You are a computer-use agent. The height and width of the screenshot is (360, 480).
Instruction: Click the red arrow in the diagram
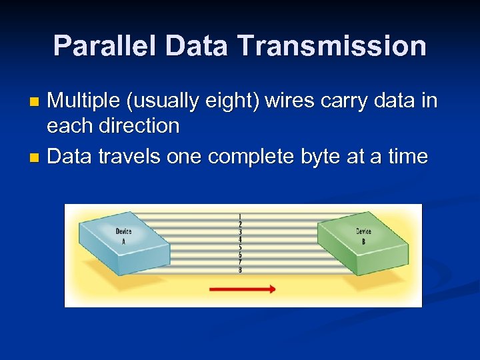click(x=242, y=289)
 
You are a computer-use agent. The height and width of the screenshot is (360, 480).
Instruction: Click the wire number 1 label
click(x=240, y=217)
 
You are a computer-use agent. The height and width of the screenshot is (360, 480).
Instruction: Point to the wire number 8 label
click(x=240, y=270)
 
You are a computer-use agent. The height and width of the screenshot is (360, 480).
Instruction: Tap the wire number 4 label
click(x=240, y=239)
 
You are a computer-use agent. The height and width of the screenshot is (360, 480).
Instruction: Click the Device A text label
click(x=123, y=236)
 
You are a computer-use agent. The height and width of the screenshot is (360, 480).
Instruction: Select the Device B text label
click(x=363, y=236)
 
